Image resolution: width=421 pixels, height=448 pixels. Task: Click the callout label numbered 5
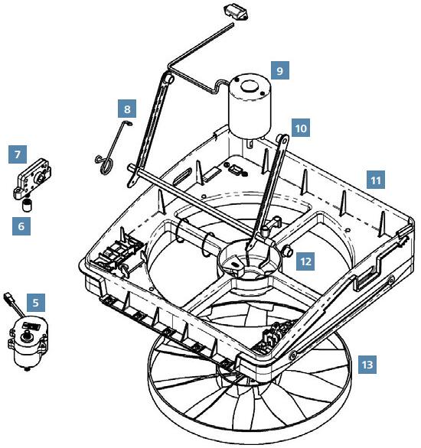pyautogui.click(x=36, y=303)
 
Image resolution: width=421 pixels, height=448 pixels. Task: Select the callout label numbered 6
pyautogui.click(x=21, y=226)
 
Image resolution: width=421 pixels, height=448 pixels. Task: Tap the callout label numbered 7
pyautogui.click(x=18, y=154)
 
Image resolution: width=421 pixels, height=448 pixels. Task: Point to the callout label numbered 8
pyautogui.click(x=127, y=109)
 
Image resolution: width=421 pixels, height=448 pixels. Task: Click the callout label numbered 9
pyautogui.click(x=279, y=70)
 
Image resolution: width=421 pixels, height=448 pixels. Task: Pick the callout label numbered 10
pyautogui.click(x=301, y=128)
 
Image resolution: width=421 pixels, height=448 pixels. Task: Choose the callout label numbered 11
pyautogui.click(x=376, y=180)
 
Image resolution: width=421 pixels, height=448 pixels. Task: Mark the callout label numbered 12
pyautogui.click(x=305, y=261)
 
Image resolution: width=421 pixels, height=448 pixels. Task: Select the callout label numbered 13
pyautogui.click(x=367, y=365)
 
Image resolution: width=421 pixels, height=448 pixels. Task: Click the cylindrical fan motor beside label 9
pyautogui.click(x=249, y=109)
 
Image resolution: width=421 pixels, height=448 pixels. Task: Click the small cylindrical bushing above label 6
pyautogui.click(x=27, y=205)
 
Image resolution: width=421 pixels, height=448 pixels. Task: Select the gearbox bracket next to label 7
pyautogui.click(x=32, y=179)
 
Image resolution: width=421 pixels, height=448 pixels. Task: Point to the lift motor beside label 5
pyautogui.click(x=28, y=342)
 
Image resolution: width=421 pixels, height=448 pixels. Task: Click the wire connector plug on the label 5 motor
pyautogui.click(x=8, y=297)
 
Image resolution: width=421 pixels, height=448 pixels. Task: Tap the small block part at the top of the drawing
pyautogui.click(x=236, y=11)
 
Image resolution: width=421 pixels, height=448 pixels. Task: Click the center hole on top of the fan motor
pyautogui.click(x=250, y=86)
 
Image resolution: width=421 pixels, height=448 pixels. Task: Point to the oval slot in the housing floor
pyautogui.click(x=183, y=177)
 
